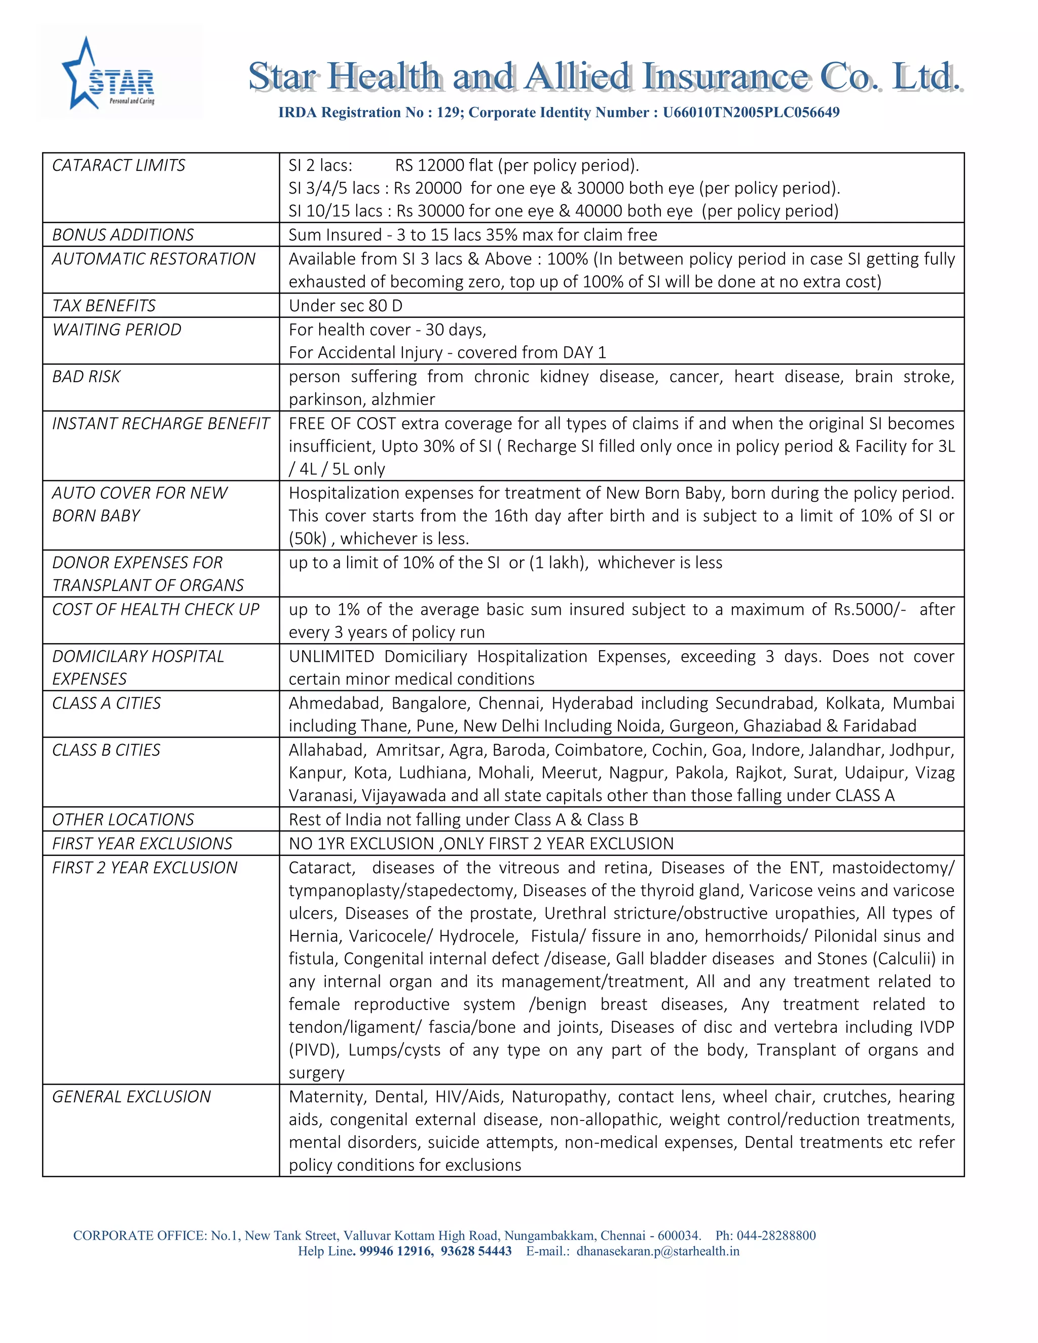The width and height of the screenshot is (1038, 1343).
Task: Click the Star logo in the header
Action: [109, 74]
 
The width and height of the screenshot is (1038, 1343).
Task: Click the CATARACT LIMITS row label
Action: [119, 165]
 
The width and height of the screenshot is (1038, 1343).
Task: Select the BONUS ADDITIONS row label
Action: [123, 235]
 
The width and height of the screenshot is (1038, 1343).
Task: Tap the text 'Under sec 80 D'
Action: [346, 306]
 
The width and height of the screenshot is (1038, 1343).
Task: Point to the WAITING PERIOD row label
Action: [117, 329]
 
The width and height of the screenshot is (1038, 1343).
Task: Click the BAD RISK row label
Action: [87, 377]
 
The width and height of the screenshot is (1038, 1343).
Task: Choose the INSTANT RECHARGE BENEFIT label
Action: [161, 423]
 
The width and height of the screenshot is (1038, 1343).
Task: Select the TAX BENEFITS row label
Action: [104, 306]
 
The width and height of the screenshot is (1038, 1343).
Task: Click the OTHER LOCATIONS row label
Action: [123, 819]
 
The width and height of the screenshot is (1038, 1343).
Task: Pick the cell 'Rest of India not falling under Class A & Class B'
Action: [463, 819]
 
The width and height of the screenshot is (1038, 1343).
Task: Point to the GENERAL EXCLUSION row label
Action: [132, 1096]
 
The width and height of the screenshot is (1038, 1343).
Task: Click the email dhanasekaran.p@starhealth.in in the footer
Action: [657, 1251]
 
